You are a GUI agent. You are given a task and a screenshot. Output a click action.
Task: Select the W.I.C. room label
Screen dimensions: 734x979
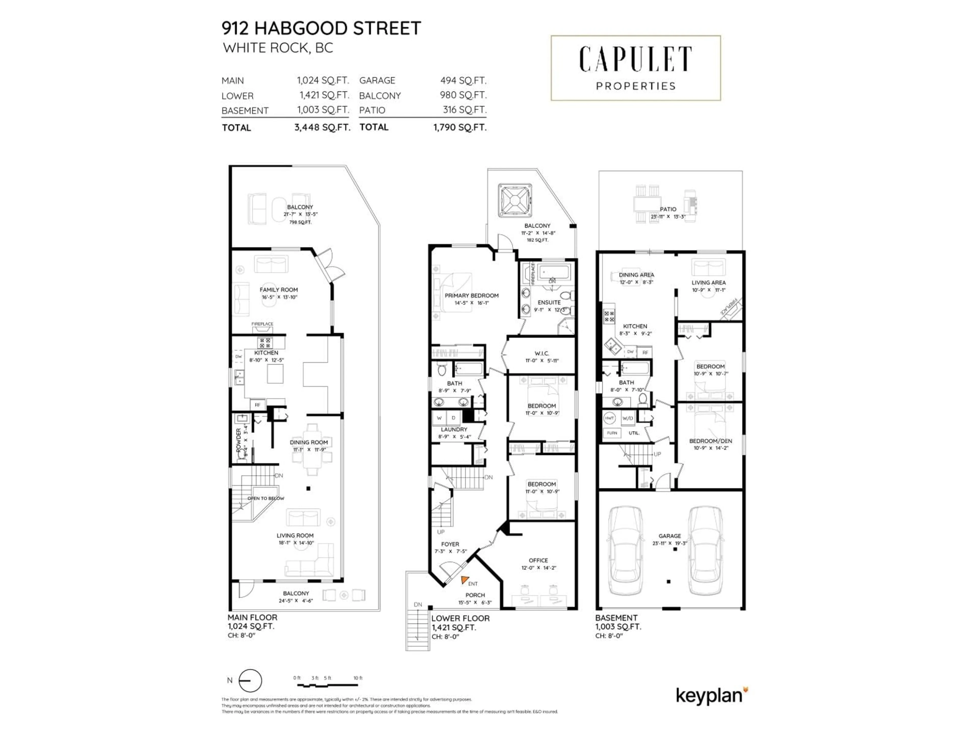[542, 353]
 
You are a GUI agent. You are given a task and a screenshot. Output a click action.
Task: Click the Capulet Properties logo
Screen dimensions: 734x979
[636, 68]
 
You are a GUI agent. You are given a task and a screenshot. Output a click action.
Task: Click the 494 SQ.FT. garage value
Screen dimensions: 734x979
[463, 81]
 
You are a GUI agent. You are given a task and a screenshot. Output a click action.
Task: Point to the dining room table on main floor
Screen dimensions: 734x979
[313, 449]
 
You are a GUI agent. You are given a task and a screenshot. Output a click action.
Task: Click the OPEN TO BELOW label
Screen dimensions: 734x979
[266, 498]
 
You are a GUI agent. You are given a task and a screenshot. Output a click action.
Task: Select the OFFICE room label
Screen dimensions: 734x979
[538, 560]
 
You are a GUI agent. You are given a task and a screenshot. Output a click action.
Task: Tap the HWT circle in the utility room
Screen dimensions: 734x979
[609, 418]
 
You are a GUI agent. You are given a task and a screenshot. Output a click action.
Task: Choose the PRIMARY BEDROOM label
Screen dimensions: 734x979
[471, 296]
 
